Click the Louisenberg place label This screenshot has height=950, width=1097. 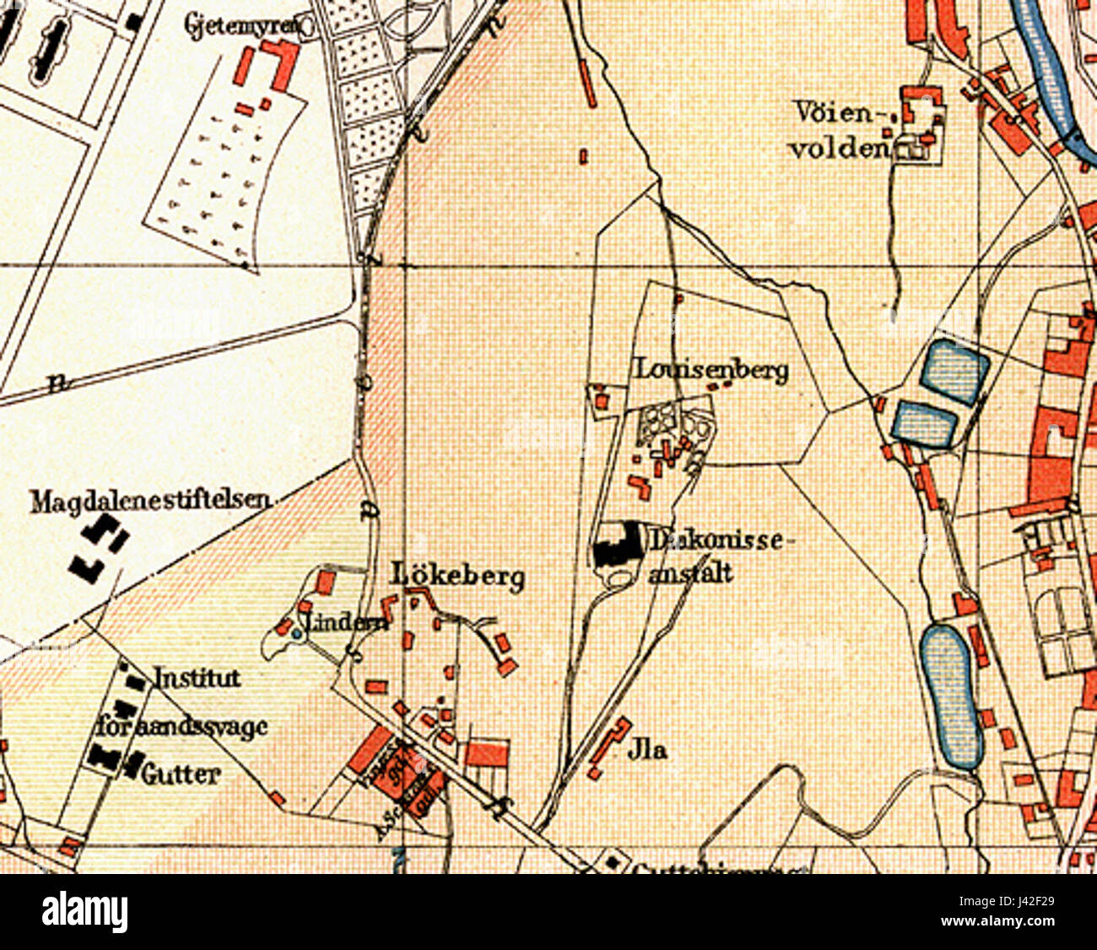(712, 370)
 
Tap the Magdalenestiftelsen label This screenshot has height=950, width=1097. (150, 502)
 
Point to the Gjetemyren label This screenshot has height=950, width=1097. (241, 26)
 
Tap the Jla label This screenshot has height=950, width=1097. (647, 749)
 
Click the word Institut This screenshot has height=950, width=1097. (197, 678)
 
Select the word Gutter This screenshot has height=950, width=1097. (181, 774)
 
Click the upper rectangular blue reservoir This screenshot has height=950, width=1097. (954, 371)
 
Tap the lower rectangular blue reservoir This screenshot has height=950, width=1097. (925, 423)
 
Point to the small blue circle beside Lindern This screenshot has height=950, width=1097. (295, 632)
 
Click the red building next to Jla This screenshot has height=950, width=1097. (610, 745)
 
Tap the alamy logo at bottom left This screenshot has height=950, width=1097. (84, 913)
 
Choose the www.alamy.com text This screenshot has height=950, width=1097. (1012, 922)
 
